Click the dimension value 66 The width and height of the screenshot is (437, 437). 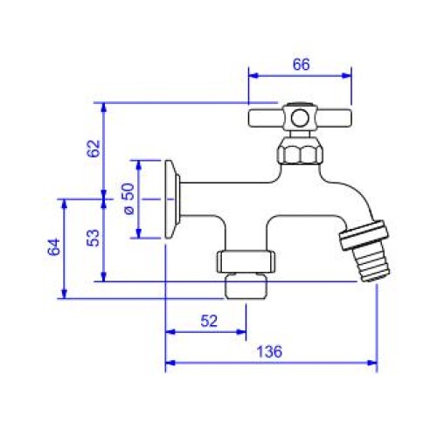point(302,65)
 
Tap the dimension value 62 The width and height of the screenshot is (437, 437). point(94,149)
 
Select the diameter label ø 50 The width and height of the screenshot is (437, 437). point(129,198)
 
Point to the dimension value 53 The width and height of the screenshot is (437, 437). point(94,239)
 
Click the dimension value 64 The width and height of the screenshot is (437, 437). point(54,247)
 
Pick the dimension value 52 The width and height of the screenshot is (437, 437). point(209,322)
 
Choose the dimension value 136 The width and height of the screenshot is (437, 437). point(269,351)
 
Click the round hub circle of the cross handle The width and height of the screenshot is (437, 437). point(300,118)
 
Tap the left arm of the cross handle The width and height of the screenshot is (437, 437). point(266,118)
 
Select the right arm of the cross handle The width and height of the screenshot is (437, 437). point(334,118)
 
